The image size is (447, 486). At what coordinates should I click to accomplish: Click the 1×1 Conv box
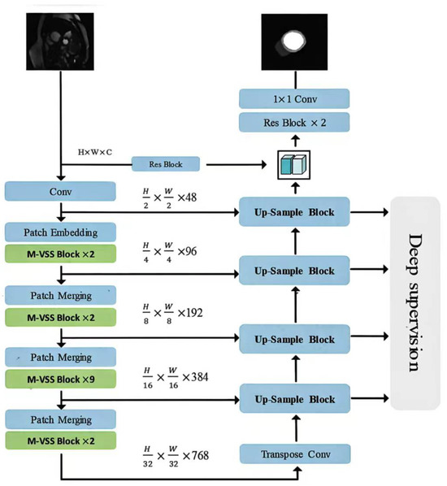coord(294,99)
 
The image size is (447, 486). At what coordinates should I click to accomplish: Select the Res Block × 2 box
coord(294,123)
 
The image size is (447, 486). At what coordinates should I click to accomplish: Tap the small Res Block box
coord(166,164)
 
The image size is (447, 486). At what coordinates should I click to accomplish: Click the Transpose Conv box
coord(295,454)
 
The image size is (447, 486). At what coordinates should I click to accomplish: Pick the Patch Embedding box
coord(60,232)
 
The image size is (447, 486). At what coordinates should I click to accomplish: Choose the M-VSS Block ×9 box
coord(60,379)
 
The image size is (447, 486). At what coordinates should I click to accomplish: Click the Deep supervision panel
coord(415,303)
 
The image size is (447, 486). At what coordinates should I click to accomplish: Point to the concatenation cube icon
coord(293,165)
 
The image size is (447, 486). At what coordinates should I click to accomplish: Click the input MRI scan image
coord(60,41)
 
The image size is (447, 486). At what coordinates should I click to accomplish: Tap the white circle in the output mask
coord(292,41)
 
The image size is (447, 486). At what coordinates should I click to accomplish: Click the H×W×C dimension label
coord(95,152)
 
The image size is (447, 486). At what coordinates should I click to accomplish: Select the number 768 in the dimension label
coord(200,456)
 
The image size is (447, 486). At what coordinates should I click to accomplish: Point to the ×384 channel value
coord(195,377)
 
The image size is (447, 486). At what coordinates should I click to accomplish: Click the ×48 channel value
coord(187,197)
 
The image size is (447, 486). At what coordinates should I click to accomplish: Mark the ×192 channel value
coord(190,313)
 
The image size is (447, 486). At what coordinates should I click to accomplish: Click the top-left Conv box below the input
coord(60,191)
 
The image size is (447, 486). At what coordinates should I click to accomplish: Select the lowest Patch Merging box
coord(61,419)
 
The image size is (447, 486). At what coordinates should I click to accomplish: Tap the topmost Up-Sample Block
coord(294,212)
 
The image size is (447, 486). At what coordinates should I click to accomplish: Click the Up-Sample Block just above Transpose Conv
coord(295,398)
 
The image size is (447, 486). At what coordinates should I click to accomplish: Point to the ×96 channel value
coord(187,251)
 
